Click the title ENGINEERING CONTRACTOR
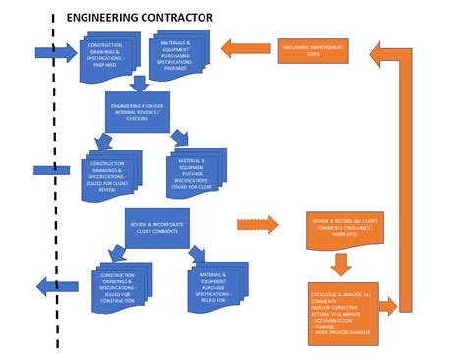(139, 18)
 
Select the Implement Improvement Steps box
(313, 49)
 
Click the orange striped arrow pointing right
(258, 225)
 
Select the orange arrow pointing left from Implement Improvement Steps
(246, 48)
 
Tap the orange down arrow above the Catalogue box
(340, 264)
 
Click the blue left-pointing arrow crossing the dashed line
(58, 286)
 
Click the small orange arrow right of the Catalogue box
(388, 307)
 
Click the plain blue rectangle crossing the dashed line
(51, 170)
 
